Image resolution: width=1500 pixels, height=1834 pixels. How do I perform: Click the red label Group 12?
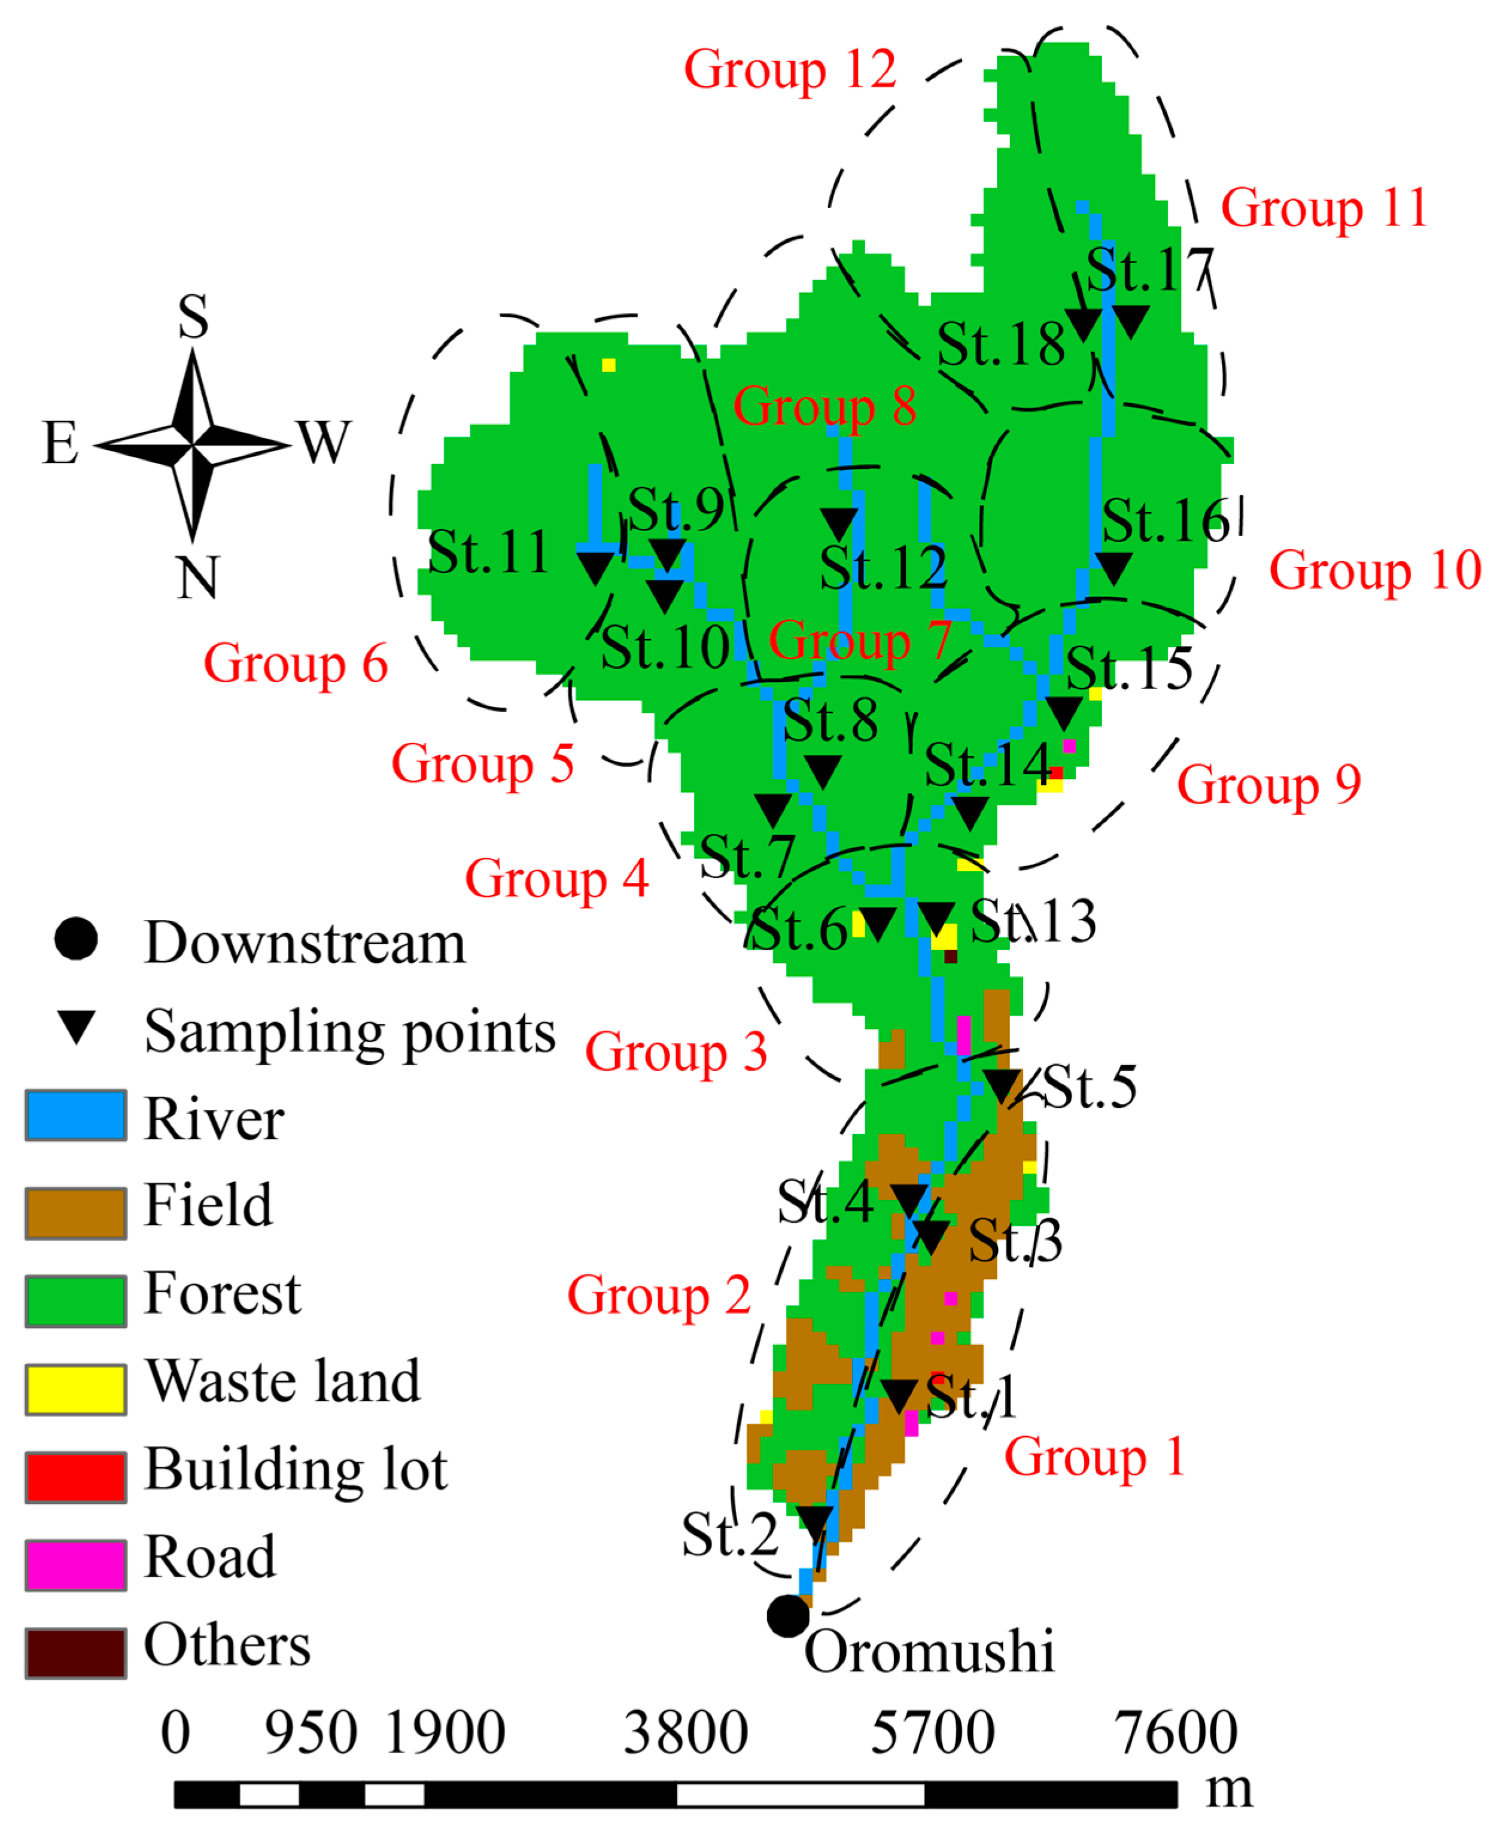point(790,70)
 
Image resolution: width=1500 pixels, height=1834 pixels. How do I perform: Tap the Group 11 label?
point(1323,208)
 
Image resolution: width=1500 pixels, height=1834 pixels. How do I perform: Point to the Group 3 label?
point(677,1052)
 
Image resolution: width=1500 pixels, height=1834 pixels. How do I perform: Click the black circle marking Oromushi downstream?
point(788,1616)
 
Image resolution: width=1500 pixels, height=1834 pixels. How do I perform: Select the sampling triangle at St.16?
point(1113,568)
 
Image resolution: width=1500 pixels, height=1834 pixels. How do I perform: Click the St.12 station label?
point(883,568)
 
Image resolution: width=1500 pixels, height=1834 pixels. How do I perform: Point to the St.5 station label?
point(1090,1087)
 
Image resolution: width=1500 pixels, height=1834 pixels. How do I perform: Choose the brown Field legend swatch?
point(76,1214)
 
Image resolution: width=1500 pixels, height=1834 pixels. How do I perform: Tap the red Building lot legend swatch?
point(76,1477)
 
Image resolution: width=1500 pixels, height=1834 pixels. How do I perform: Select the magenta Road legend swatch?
point(76,1565)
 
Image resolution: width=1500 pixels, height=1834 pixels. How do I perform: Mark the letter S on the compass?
point(193,316)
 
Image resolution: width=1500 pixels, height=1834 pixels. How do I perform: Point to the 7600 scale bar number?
point(1175,1733)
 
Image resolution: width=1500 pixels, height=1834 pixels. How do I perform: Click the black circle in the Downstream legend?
point(76,939)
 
